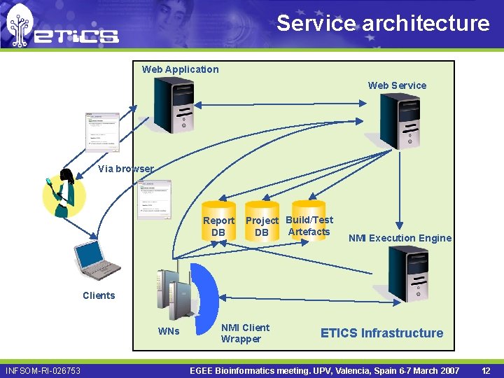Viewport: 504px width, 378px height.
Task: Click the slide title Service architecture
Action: [x=383, y=23]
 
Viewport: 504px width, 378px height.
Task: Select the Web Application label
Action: [x=180, y=69]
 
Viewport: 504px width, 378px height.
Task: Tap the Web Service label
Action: [x=397, y=85]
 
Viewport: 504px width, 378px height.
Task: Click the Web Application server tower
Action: [x=173, y=104]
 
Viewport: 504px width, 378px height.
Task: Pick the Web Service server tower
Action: [x=400, y=120]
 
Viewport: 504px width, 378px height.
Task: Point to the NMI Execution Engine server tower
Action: [x=408, y=274]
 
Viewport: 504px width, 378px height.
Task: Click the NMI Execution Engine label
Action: [x=400, y=238]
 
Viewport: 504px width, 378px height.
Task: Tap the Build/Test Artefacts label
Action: [x=309, y=225]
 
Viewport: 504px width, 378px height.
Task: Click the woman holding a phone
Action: [x=64, y=192]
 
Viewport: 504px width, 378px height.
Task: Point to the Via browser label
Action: [x=125, y=169]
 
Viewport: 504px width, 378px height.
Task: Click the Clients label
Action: [x=99, y=295]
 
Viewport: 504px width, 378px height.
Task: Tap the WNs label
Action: [x=169, y=331]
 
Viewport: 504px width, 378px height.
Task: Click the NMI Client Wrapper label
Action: [x=245, y=333]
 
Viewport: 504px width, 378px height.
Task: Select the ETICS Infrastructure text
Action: [x=381, y=333]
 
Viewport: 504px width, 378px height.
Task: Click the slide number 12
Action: [x=486, y=370]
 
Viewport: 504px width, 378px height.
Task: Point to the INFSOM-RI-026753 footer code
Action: [x=43, y=370]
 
